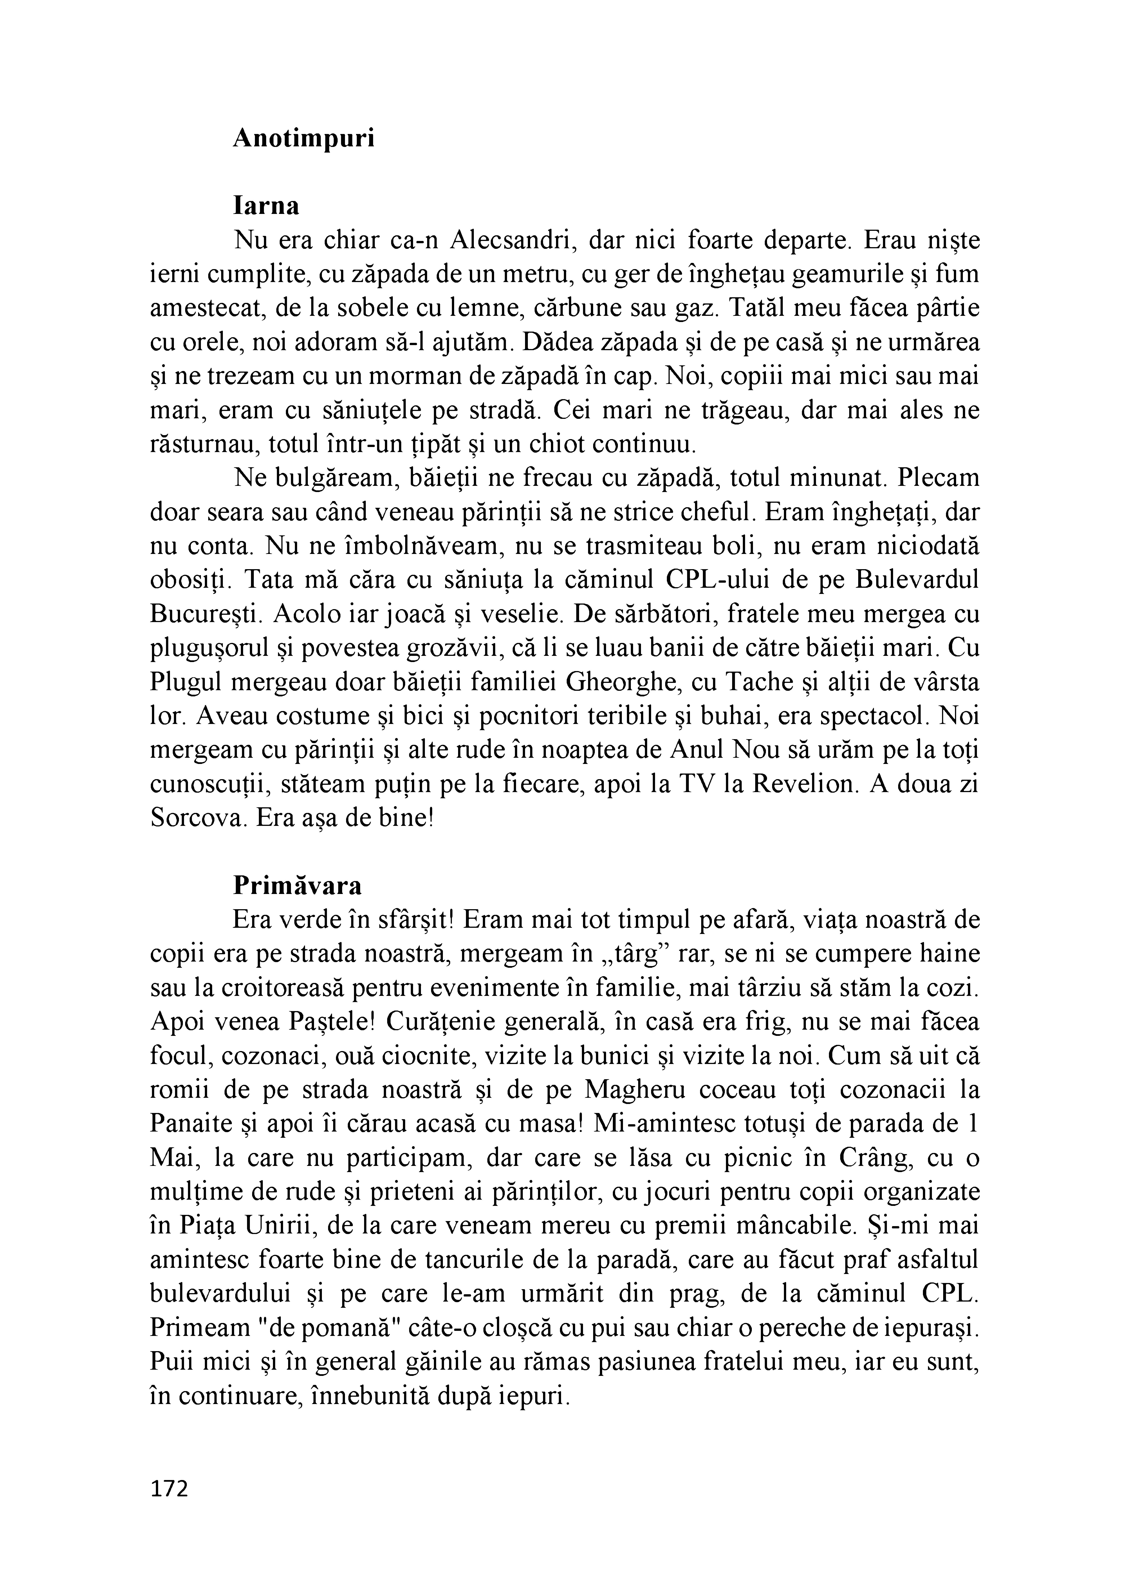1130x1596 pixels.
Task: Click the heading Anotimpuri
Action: click(303, 138)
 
